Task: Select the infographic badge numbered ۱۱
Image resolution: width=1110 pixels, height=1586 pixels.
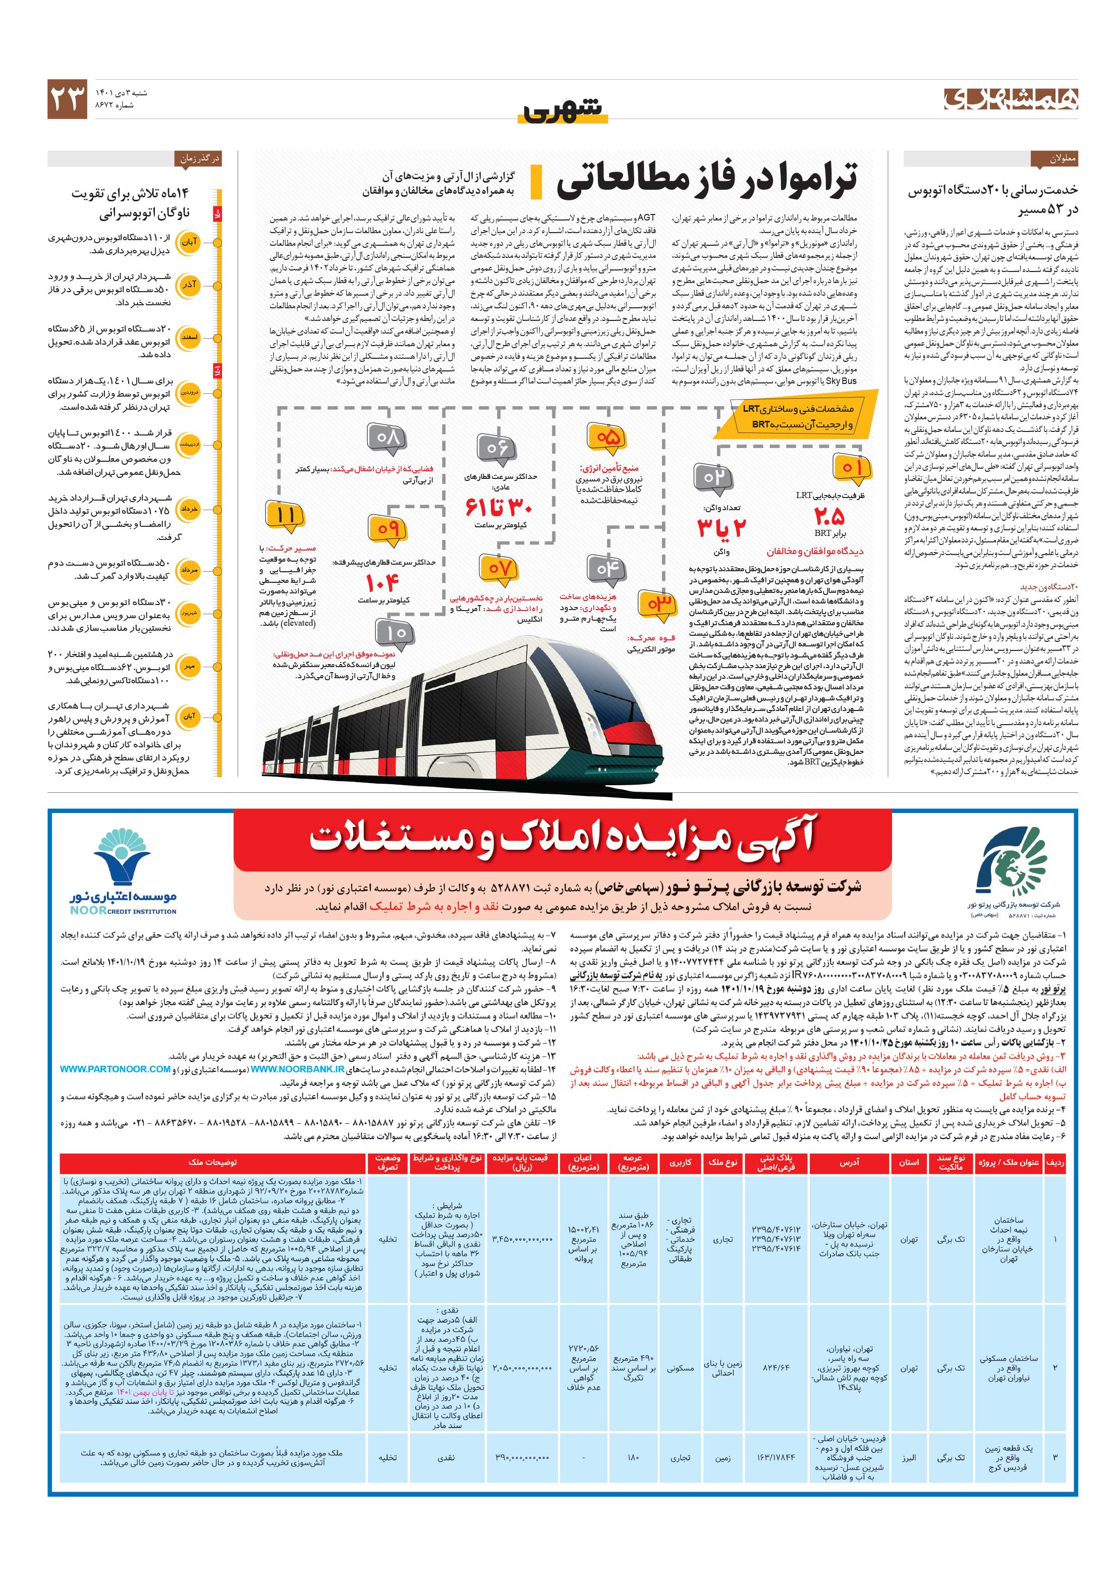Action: pyautogui.click(x=285, y=515)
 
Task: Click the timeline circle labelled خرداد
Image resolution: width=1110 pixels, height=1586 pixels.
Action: pyautogui.click(x=189, y=509)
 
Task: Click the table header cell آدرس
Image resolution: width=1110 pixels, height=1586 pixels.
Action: pyautogui.click(x=848, y=1163)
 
